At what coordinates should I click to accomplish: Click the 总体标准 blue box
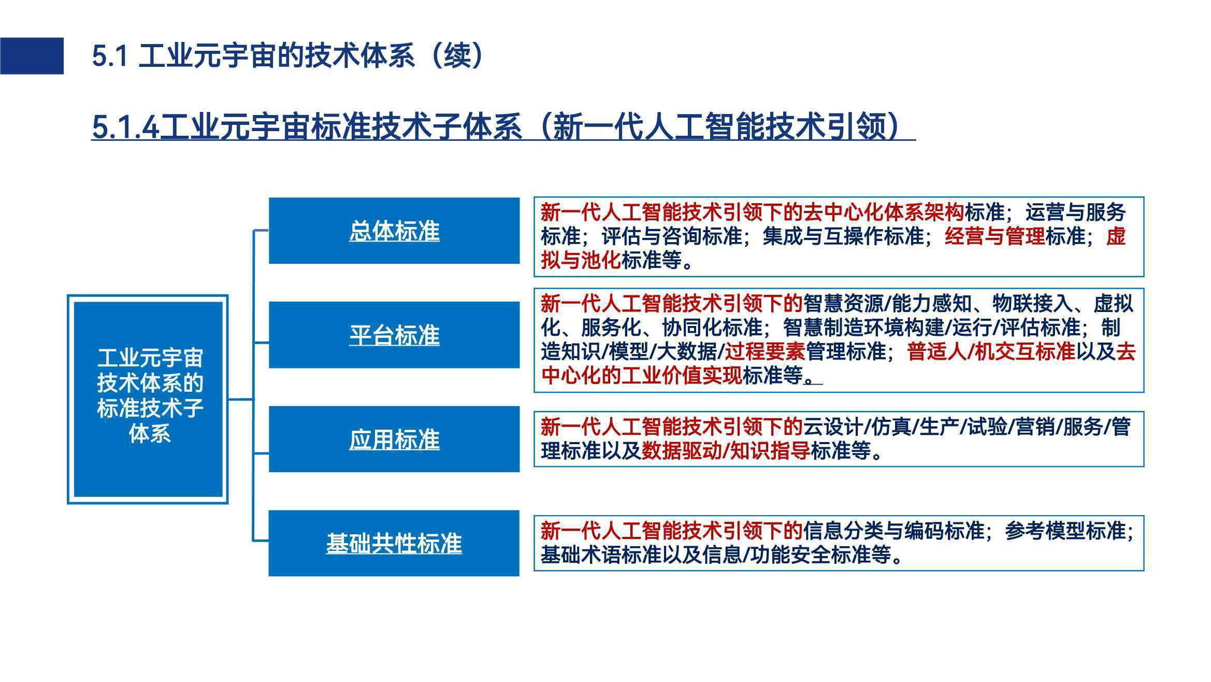click(x=394, y=231)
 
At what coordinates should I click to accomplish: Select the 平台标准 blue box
click(x=394, y=335)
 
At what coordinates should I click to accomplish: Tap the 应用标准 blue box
click(x=394, y=439)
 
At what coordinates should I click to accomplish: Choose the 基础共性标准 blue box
click(x=394, y=543)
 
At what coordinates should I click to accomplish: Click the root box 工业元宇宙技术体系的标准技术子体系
click(x=148, y=399)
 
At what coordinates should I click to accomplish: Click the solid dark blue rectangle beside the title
click(x=32, y=56)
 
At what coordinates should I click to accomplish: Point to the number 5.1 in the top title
click(x=110, y=56)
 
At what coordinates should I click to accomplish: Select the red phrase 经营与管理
click(x=994, y=236)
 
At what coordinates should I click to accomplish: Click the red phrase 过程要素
click(x=765, y=352)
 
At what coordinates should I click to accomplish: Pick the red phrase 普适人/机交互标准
click(x=991, y=352)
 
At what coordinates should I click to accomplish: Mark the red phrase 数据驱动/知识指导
click(x=726, y=451)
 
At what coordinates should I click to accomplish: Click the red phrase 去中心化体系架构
click(x=884, y=212)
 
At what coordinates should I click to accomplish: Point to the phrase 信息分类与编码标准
click(x=893, y=531)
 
